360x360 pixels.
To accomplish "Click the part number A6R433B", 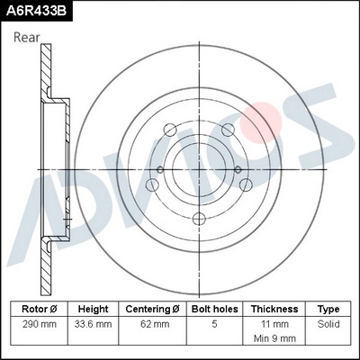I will pos(33,10).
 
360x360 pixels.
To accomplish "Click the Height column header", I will pos(93,308).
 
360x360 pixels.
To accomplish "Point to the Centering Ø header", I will pos(154,308).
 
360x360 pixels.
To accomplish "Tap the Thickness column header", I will pos(275,308).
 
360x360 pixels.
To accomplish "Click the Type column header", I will pos(329,308).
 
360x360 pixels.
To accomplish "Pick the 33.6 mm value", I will pos(93,323).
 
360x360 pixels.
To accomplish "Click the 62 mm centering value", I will pos(154,323).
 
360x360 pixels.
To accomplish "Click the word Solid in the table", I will pos(329,323).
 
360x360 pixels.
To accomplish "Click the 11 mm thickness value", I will pos(275,323).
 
